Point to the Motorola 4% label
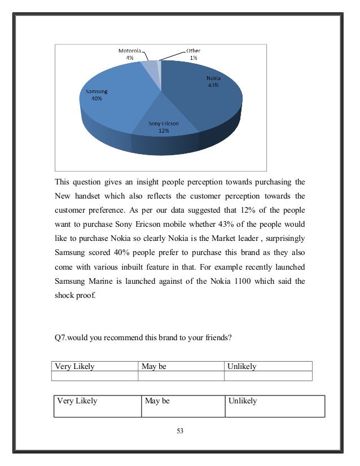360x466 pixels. [x=129, y=54]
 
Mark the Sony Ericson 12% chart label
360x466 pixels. [x=163, y=126]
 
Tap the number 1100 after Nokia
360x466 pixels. [x=238, y=281]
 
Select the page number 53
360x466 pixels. [x=180, y=431]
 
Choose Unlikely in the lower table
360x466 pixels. [x=243, y=401]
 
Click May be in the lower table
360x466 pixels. [x=157, y=401]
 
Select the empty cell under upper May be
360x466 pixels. [x=181, y=376]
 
